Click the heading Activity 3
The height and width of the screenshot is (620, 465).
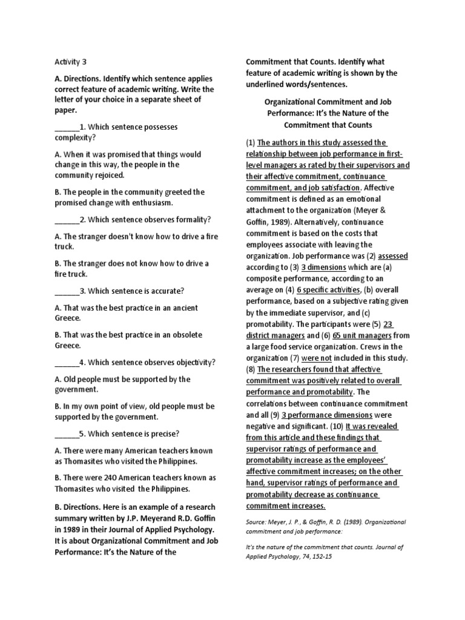75,61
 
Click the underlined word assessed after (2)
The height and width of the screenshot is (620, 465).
392,256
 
